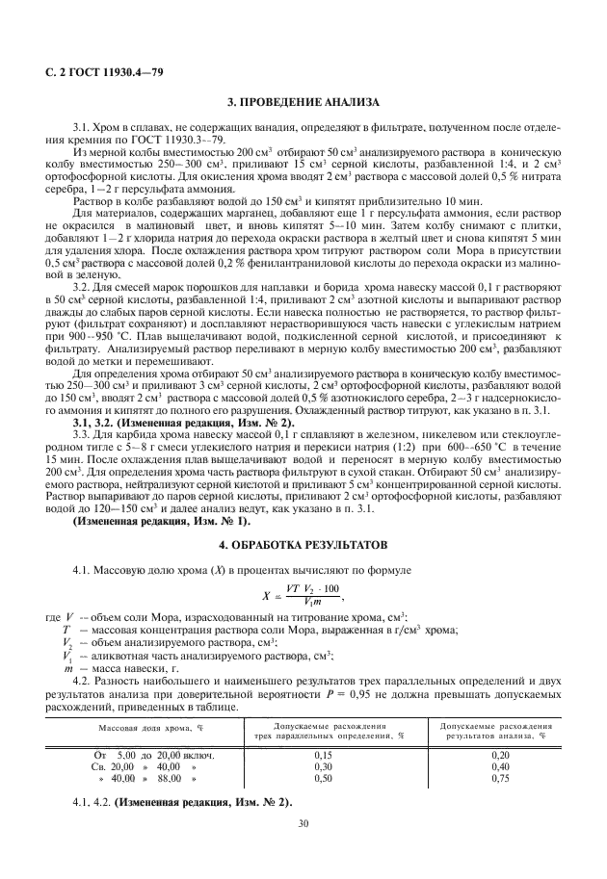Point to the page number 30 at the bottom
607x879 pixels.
(303, 824)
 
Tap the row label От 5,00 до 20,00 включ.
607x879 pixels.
(142, 756)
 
